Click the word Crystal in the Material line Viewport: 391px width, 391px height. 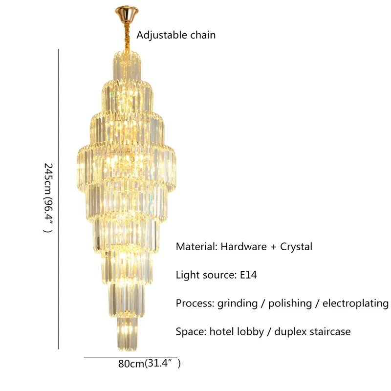coord(296,246)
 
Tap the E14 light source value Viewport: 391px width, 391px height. coord(247,275)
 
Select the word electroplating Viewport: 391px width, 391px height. coord(355,304)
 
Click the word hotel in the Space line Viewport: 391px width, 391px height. coord(221,331)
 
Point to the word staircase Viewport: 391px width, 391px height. coord(330,331)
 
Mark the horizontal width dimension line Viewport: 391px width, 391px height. coord(130,357)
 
